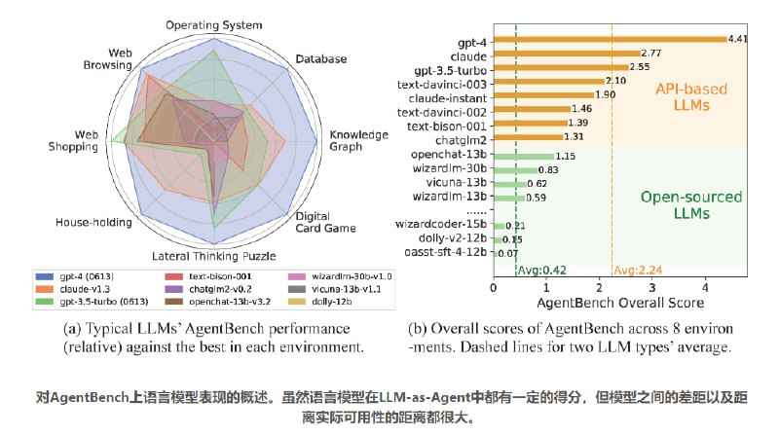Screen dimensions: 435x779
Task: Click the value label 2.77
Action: pyautogui.click(x=652, y=53)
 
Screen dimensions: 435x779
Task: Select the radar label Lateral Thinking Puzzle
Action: pyautogui.click(x=214, y=256)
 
